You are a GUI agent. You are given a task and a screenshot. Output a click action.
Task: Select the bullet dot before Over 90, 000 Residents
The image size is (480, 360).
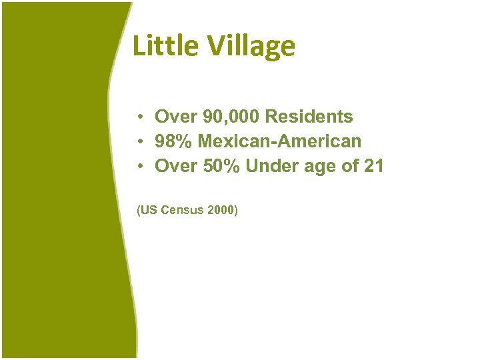click(x=142, y=117)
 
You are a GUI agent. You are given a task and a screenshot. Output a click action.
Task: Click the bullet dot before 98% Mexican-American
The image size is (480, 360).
click(x=142, y=142)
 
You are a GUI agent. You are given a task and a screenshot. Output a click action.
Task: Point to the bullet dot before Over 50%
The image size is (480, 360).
click(x=142, y=167)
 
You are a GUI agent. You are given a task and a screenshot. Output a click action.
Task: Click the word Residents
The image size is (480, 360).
click(x=309, y=117)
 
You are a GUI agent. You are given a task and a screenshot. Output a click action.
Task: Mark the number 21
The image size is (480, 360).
click(x=374, y=166)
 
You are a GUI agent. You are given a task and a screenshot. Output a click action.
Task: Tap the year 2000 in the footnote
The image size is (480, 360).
click(x=221, y=211)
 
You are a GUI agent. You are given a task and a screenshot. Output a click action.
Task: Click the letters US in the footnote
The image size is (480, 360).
click(x=149, y=211)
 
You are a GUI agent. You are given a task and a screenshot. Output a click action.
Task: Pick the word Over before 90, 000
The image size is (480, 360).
click(x=173, y=117)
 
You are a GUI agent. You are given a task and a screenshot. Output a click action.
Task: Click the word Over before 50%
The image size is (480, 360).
click(x=173, y=166)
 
